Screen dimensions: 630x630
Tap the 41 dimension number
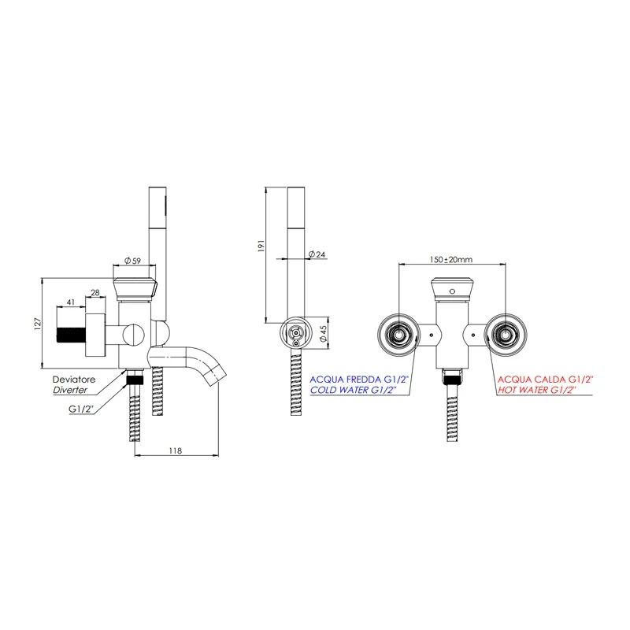tap(70, 302)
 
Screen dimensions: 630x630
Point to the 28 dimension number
tap(96, 293)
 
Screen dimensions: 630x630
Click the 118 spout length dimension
tap(176, 450)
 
